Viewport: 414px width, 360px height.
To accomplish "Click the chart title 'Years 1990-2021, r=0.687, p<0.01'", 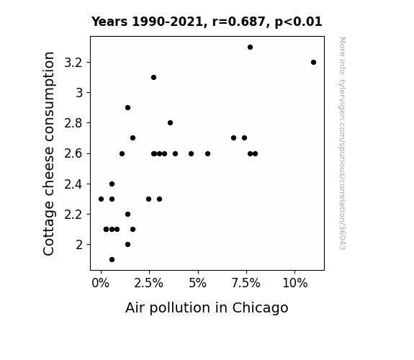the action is coord(207,22).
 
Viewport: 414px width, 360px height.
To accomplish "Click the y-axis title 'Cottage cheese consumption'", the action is coord(48,153).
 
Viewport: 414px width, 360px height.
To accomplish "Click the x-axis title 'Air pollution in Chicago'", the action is coord(207,308).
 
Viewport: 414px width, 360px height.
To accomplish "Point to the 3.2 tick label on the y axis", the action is coord(73,63).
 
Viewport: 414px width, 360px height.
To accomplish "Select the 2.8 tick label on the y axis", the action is coord(73,123).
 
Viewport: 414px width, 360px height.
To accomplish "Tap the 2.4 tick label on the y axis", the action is coord(73,184).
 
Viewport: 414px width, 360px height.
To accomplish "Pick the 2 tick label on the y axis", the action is coord(79,245).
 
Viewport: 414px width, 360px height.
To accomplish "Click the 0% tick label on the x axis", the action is coord(100,284).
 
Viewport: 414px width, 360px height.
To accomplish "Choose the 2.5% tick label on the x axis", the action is coord(148,284).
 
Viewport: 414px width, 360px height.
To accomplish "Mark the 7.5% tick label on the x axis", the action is coord(246,284).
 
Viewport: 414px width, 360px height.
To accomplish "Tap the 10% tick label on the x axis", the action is coord(295,284).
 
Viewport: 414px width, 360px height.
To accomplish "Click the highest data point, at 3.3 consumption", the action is coord(250,48).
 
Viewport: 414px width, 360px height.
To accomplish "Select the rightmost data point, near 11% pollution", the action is coord(313,63).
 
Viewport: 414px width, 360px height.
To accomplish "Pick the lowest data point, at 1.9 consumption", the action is coord(112,260).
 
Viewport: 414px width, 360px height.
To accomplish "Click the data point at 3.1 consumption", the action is coord(153,77).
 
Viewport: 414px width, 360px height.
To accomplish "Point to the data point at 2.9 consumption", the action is coord(127,108).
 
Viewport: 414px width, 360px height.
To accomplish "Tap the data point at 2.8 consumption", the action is coord(171,123).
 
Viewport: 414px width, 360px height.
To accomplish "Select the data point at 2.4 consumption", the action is coord(112,184).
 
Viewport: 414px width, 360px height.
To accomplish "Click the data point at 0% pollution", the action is coord(101,199).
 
